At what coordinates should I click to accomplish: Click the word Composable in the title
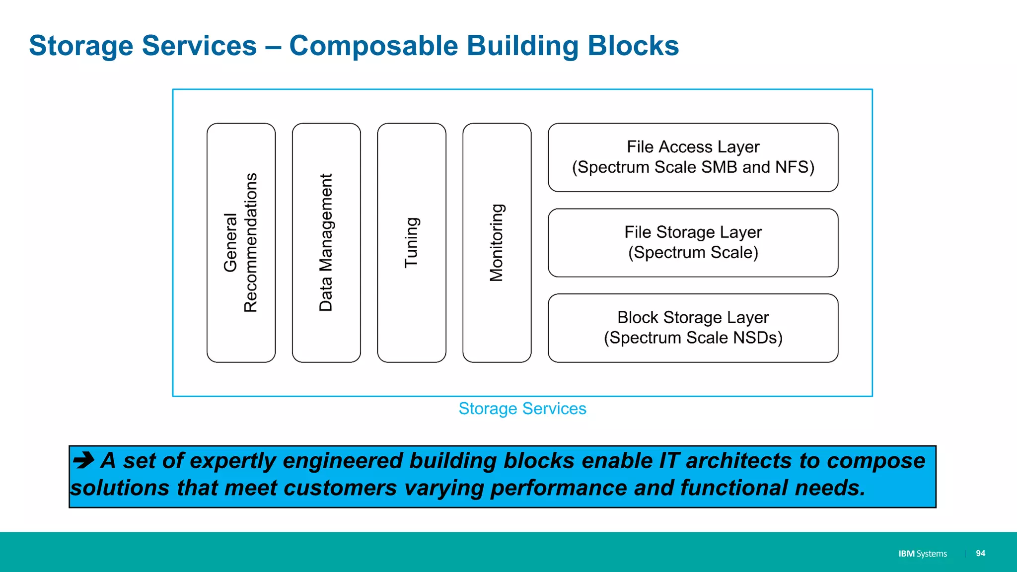point(373,46)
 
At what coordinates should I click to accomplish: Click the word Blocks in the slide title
point(633,46)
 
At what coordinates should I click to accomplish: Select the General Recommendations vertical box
point(241,243)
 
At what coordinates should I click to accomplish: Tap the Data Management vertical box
point(326,243)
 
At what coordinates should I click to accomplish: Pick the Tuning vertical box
point(412,243)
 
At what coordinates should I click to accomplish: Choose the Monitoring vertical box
point(497,243)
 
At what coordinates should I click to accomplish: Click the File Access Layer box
point(693,157)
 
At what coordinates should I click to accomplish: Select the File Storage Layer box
point(693,243)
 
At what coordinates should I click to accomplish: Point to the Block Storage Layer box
point(693,328)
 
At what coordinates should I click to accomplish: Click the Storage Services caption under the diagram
point(522,409)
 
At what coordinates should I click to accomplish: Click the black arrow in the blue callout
point(83,460)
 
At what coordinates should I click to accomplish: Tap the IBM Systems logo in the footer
point(922,554)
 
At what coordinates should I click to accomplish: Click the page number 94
point(980,553)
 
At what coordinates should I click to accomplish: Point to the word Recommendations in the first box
point(251,243)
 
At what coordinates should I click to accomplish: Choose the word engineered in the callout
point(342,461)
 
